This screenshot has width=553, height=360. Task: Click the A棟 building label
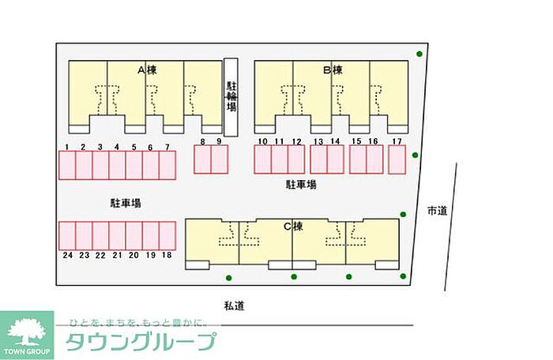click(x=147, y=70)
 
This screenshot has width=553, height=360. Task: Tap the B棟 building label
click(x=332, y=70)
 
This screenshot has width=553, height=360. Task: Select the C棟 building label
click(x=293, y=227)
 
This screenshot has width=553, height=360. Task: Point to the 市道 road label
click(x=437, y=211)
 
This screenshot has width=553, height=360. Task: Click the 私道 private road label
click(x=233, y=305)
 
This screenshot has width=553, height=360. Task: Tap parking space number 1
click(x=67, y=165)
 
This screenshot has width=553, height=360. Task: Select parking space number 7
click(x=167, y=165)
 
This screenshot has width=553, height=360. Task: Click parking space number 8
click(x=202, y=159)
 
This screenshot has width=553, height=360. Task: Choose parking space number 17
click(x=397, y=159)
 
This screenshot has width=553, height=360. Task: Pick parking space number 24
click(x=67, y=235)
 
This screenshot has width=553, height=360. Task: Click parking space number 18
click(x=167, y=235)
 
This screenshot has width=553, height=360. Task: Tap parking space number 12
click(x=296, y=159)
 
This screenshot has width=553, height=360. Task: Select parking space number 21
click(x=117, y=235)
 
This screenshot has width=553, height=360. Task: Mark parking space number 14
click(x=335, y=159)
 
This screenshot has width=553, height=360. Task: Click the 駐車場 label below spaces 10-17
click(x=301, y=185)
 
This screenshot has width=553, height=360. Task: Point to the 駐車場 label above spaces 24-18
click(x=125, y=203)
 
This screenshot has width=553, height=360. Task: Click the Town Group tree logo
click(x=27, y=332)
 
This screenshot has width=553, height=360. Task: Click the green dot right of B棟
click(x=419, y=54)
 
